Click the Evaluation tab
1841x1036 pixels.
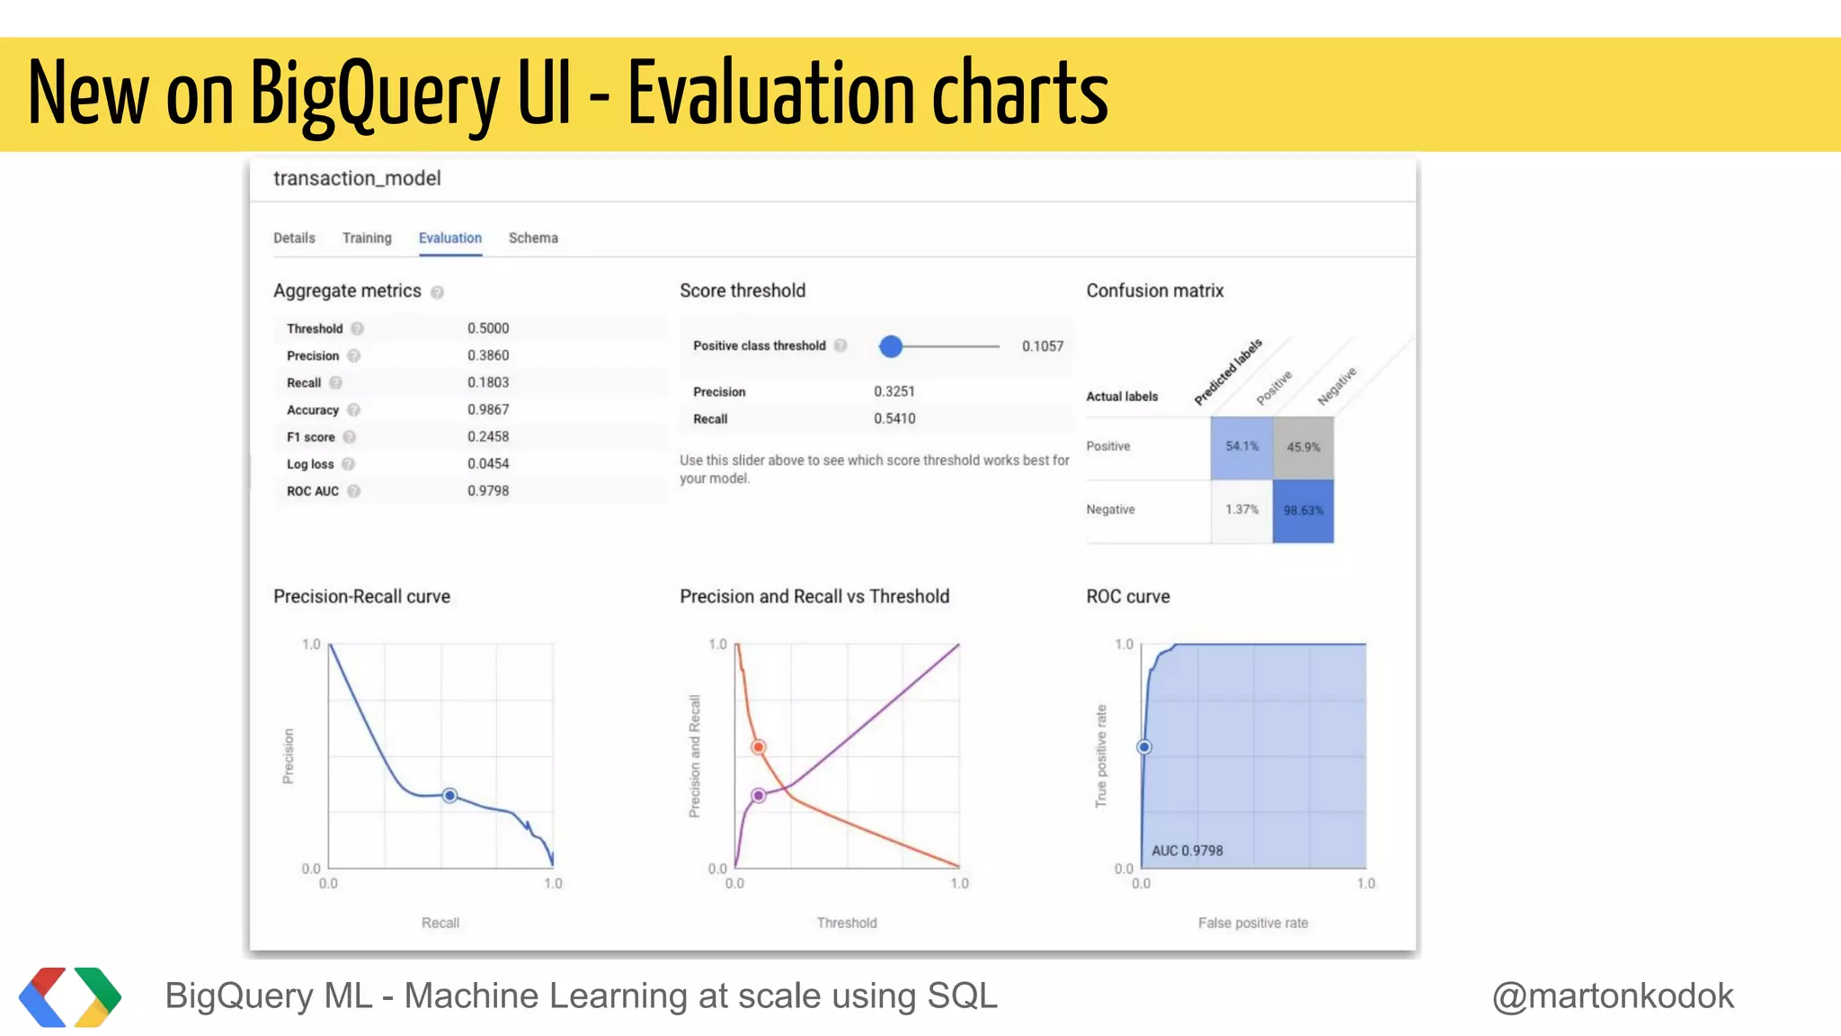[x=449, y=238]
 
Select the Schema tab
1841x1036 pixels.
[x=533, y=238]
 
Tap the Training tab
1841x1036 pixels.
[x=367, y=238]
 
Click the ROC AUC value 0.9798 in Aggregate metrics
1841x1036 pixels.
[x=488, y=491]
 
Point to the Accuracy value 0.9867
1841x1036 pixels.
[x=488, y=410]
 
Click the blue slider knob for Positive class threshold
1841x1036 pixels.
[x=891, y=346]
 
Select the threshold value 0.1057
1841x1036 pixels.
[x=1042, y=346]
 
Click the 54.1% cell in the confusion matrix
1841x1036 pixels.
[x=1241, y=447]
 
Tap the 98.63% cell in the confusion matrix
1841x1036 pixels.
[x=1303, y=511]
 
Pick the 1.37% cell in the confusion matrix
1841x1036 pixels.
[x=1241, y=510]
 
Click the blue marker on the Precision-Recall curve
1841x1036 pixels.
[x=450, y=795]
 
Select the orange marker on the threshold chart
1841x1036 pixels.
[x=759, y=747]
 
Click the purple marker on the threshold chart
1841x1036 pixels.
[x=759, y=795]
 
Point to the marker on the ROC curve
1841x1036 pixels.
[x=1144, y=747]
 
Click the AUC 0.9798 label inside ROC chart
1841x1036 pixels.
[x=1187, y=851]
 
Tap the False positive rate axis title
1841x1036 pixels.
[x=1252, y=923]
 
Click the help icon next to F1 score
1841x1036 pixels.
[x=350, y=437]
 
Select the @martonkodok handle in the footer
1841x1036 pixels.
[x=1613, y=996]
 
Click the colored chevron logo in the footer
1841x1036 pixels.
[x=70, y=996]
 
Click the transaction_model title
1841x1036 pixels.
[x=357, y=178]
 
